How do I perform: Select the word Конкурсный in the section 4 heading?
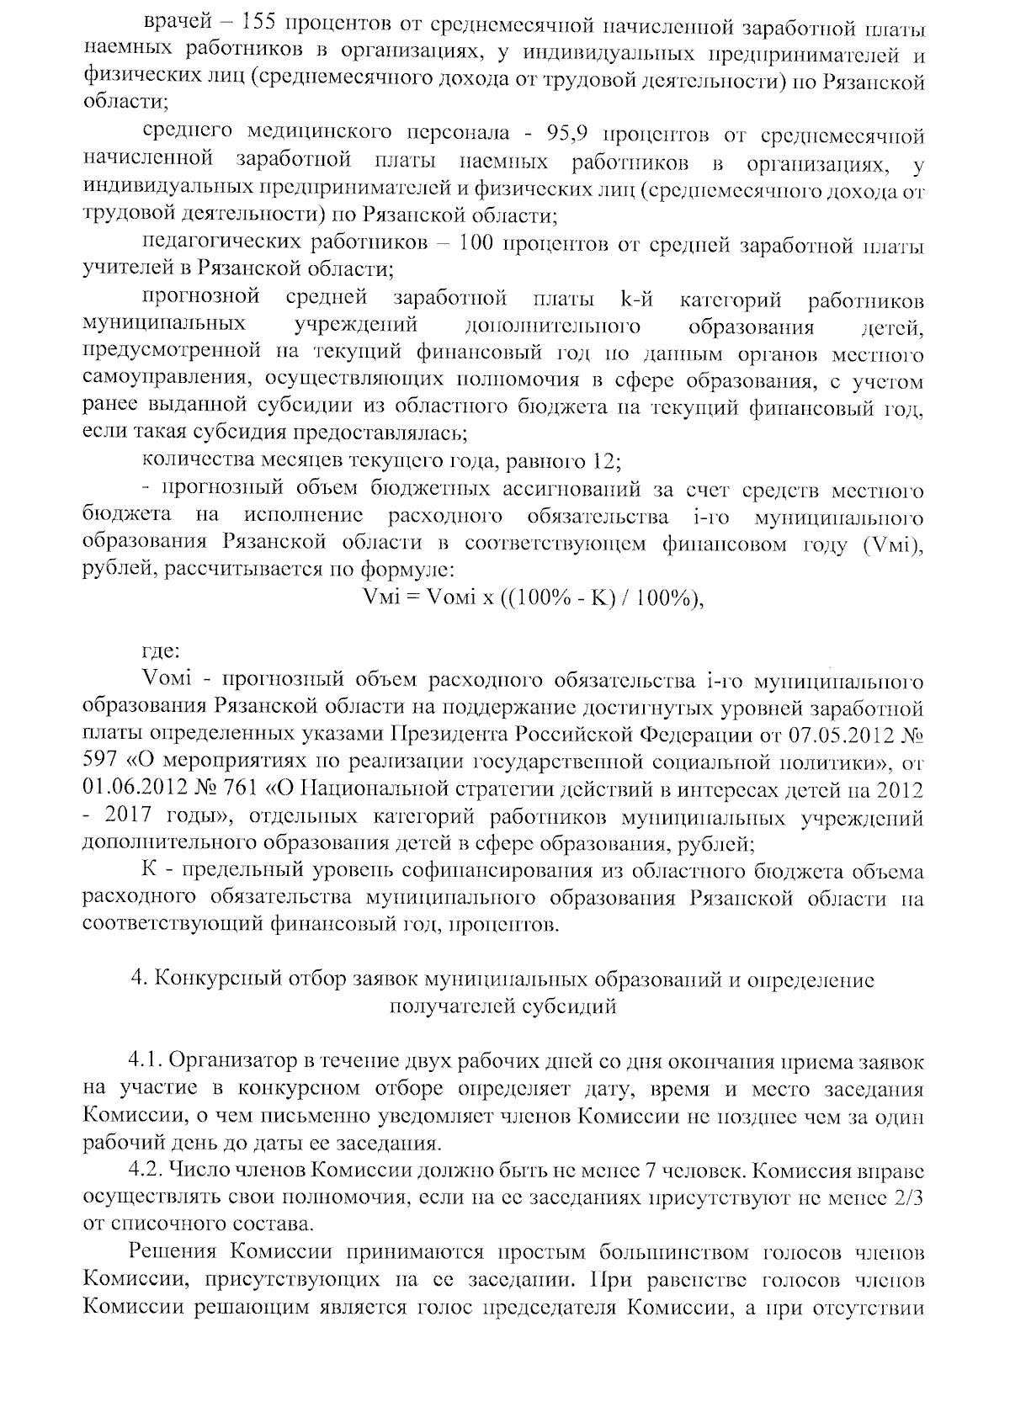pyautogui.click(x=222, y=980)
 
